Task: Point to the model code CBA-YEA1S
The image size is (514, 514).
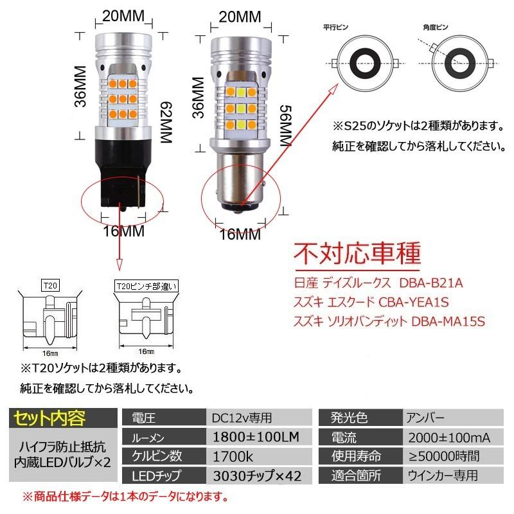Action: pyautogui.click(x=414, y=302)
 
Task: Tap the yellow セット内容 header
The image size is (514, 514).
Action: pyautogui.click(x=49, y=418)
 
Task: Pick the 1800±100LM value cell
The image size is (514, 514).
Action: pyautogui.click(x=253, y=438)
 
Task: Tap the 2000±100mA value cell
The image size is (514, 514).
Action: pyautogui.click(x=449, y=438)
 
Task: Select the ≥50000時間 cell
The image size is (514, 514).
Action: pyautogui.click(x=444, y=457)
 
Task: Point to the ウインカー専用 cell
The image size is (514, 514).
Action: pyautogui.click(x=442, y=476)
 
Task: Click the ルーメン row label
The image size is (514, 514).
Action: pyautogui.click(x=148, y=438)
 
